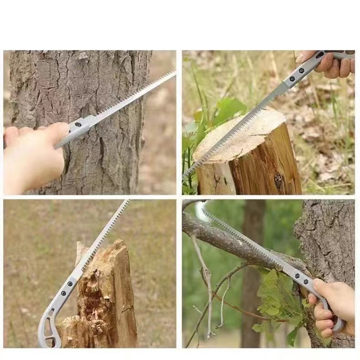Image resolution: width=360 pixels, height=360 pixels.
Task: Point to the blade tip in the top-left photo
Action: tap(174, 72)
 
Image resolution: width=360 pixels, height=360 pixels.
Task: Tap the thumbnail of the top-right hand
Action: tap(300, 58)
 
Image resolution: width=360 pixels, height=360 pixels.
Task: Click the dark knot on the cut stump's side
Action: tap(279, 180)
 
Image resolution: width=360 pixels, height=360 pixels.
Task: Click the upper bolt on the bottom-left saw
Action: tap(70, 284)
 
